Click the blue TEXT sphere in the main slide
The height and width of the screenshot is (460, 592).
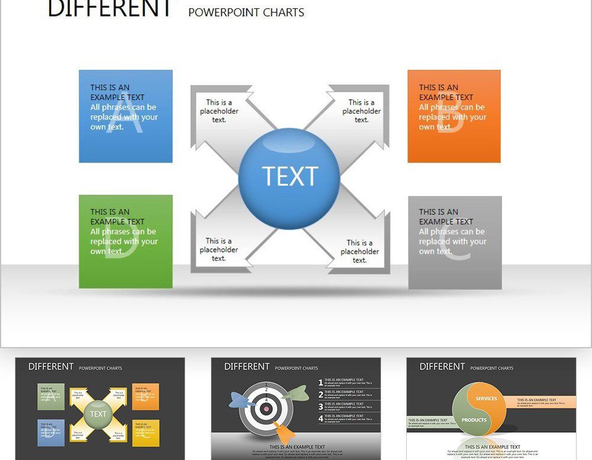pos(289,177)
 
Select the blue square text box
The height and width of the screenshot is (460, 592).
pos(126,116)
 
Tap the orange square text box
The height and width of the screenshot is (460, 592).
pos(454,116)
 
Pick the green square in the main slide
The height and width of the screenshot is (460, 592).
pos(126,241)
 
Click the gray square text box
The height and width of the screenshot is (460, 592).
pos(455,242)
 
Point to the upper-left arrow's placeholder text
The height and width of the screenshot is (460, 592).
pos(219,111)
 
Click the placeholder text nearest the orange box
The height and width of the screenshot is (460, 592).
pos(361,111)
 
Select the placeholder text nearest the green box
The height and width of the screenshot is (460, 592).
pos(218,250)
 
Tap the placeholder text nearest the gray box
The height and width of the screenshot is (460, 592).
pos(359,251)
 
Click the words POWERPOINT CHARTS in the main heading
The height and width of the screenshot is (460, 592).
pos(246,12)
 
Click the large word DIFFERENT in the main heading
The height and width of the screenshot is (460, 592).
pos(110,8)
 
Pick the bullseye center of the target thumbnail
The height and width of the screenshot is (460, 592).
pos(266,408)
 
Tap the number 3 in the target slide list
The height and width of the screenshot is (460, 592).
pos(321,406)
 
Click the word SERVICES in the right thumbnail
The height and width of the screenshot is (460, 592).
pos(486,399)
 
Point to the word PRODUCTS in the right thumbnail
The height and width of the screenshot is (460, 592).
pos(474,420)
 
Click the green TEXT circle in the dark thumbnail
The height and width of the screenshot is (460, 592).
pos(98,414)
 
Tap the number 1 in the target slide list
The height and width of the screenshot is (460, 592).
pos(321,383)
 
